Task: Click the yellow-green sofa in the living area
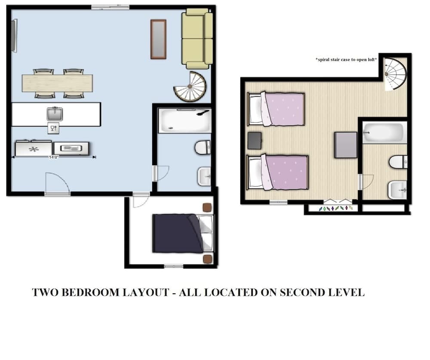(197, 39)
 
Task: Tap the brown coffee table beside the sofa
(158, 39)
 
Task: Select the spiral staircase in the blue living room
(190, 87)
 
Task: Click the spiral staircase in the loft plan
(395, 74)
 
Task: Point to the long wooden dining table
(57, 83)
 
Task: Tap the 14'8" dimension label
(54, 157)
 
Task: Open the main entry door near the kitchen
(57, 184)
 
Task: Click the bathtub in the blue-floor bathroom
(184, 120)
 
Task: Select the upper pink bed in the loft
(277, 109)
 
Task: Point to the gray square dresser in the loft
(346, 145)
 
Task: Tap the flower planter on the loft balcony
(337, 209)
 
